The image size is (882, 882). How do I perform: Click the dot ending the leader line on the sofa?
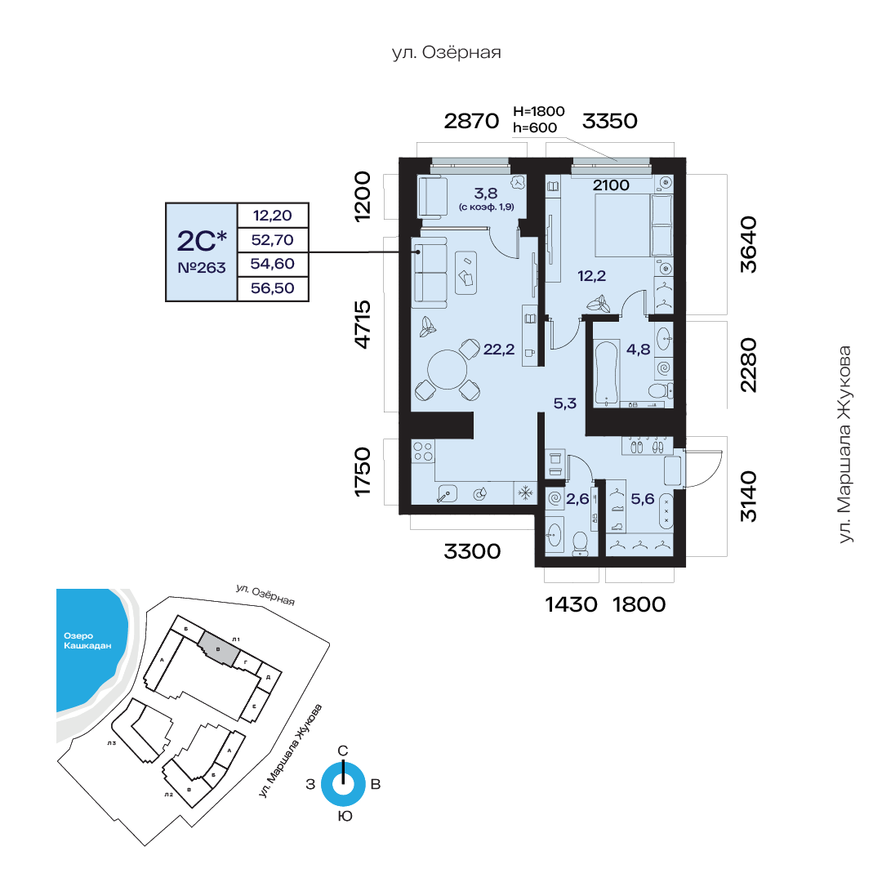pos(418,252)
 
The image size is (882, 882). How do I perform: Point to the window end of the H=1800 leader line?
pos(617,162)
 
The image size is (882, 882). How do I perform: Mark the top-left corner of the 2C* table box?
pos(166,203)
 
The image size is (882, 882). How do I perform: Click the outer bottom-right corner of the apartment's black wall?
pos(686,567)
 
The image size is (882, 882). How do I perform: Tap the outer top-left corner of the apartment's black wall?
pos(399,158)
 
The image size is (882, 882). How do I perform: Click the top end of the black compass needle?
pos(343,762)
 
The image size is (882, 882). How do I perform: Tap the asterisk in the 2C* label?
pos(221,236)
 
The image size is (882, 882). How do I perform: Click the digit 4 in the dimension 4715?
pos(363,341)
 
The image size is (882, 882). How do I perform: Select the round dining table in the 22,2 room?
pos(448,370)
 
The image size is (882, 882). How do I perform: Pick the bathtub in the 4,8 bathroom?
pos(606,372)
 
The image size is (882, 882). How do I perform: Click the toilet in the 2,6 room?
pos(580,544)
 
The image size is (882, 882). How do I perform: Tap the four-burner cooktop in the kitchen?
pos(423,452)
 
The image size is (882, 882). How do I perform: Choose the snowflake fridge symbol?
pos(525,494)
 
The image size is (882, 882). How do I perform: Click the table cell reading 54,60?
pos(273,264)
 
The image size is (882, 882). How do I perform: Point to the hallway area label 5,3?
pos(565,403)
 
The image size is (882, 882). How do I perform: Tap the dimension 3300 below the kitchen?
pos(472,551)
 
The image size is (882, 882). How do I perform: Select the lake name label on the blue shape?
pos(87,641)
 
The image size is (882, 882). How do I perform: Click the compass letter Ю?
pos(345,816)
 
